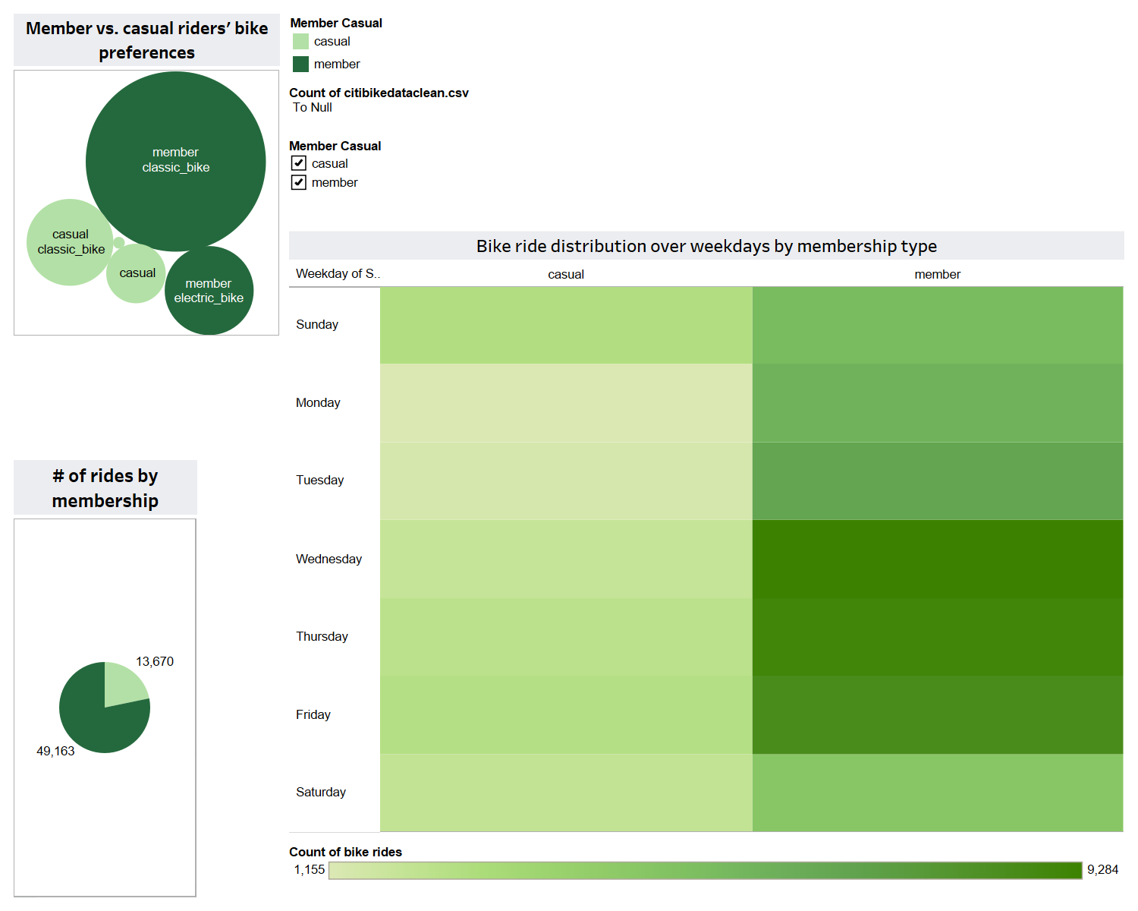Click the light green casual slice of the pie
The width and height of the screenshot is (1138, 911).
(121, 683)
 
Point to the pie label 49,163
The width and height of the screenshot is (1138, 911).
(55, 751)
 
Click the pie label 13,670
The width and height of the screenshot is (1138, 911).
(155, 661)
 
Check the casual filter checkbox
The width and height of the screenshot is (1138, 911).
(299, 163)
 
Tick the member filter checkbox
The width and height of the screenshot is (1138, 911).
(299, 182)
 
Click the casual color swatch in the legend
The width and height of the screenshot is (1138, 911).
(300, 42)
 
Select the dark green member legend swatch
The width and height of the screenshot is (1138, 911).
(300, 64)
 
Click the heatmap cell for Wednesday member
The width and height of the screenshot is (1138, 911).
(937, 559)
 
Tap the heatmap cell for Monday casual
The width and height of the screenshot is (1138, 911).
(566, 402)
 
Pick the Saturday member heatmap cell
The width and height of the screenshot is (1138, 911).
(937, 792)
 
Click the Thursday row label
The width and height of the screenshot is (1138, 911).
(322, 636)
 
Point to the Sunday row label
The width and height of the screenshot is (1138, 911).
(317, 324)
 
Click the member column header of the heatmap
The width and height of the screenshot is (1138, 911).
(937, 274)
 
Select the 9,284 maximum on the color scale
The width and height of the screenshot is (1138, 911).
(1102, 869)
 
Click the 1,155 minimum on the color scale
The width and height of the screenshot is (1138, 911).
(310, 869)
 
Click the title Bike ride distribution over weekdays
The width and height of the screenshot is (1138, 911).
(706, 246)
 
